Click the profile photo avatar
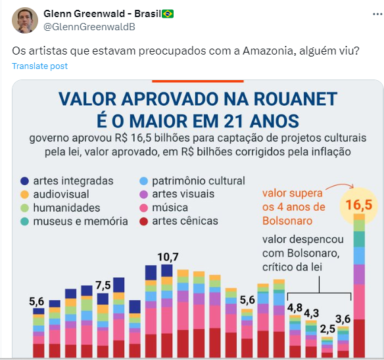point(25,20)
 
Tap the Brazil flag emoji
point(168,14)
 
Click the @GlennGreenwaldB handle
point(89,27)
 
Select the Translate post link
point(39,66)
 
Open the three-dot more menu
point(377,14)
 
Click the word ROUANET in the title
point(295,99)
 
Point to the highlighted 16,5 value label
point(359,204)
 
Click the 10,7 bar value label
point(168,257)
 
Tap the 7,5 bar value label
point(103,285)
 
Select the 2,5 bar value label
point(327,329)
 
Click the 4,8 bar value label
point(295,308)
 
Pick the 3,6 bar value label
point(343,319)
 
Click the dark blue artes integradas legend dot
point(25,181)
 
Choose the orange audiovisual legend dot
point(25,194)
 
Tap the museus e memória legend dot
point(25,221)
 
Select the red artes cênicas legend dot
point(144,221)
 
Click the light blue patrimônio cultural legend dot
point(144,181)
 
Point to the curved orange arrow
point(341,185)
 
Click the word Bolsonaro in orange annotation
point(287,221)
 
